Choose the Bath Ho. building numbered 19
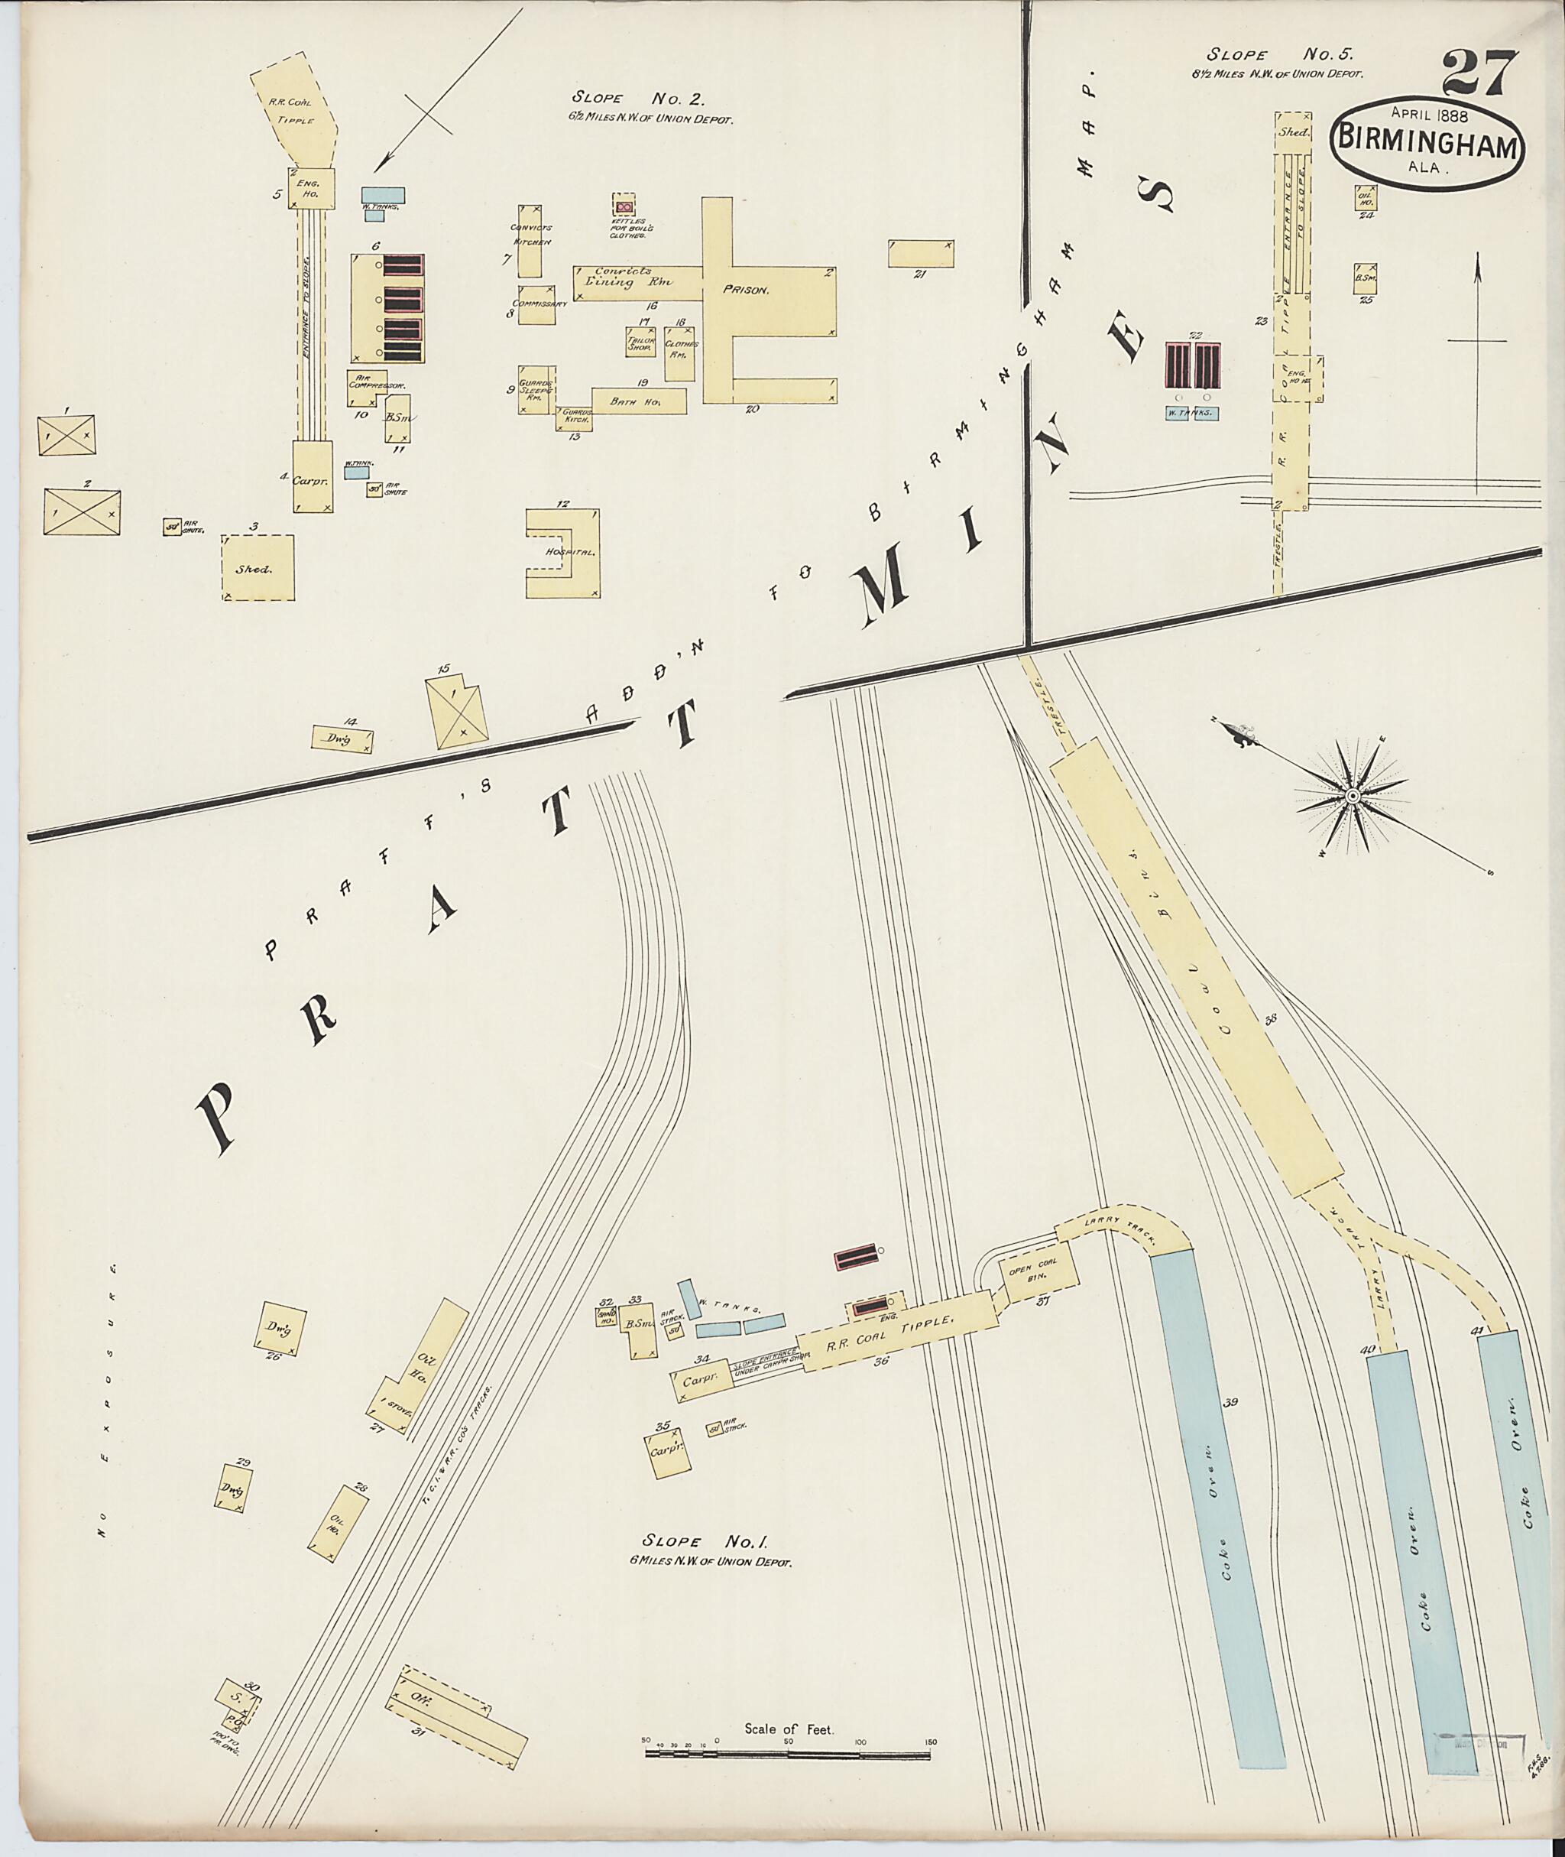(639, 402)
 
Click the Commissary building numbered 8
(536, 304)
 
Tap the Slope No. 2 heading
(638, 99)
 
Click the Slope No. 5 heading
(1290, 55)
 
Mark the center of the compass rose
(1352, 795)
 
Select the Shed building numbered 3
(258, 568)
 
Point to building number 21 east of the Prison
(922, 252)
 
